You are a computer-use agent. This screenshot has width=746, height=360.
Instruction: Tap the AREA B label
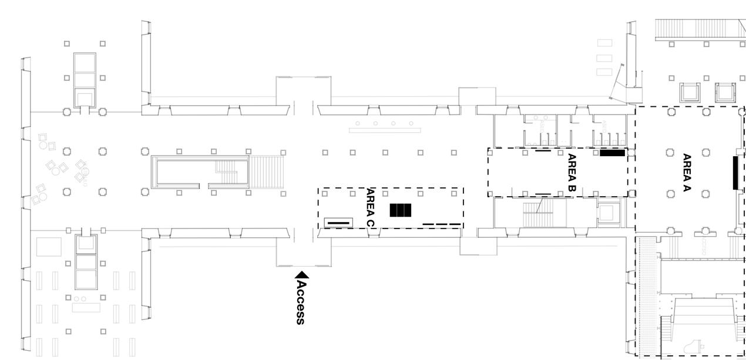coord(572,173)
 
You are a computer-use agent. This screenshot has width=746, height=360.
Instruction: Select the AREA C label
coord(370,207)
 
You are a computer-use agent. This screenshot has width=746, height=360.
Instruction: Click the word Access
coord(301,302)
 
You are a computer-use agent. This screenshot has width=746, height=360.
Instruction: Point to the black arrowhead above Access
coord(302,274)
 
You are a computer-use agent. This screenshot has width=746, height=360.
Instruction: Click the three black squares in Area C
coord(401,210)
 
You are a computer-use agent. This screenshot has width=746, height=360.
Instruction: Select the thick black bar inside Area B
coord(612,153)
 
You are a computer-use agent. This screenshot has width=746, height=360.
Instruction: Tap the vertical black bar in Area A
coord(735,173)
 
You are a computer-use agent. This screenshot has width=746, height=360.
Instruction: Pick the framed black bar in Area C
coord(339,223)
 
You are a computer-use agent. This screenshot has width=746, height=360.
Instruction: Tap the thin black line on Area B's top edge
coord(543,150)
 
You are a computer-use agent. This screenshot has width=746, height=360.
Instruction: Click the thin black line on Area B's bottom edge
coord(543,194)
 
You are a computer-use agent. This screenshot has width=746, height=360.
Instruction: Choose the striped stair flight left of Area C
coord(267,171)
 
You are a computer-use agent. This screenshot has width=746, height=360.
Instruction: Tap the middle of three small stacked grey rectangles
coord(604,58)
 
